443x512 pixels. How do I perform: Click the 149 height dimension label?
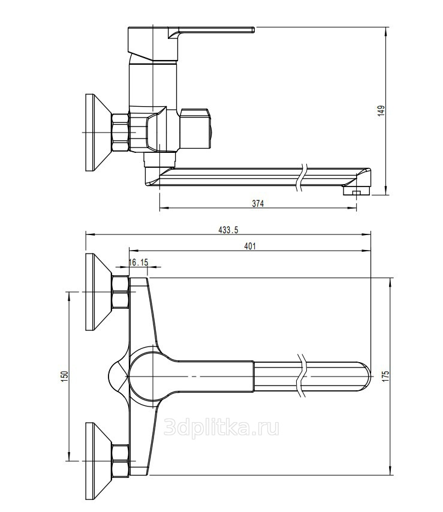(x=381, y=111)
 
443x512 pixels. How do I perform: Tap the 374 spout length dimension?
(x=258, y=203)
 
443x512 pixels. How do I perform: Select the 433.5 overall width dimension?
(x=228, y=230)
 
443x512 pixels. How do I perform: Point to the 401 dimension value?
(x=250, y=246)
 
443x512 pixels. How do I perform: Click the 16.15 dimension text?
(x=138, y=262)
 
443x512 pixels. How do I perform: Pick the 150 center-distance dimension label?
(x=65, y=376)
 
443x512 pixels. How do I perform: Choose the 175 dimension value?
(x=385, y=376)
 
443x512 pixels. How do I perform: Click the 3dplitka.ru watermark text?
(x=221, y=427)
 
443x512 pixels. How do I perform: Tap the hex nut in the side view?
(x=120, y=132)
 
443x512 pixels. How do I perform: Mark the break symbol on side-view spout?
(x=303, y=177)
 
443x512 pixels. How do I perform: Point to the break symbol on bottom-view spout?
(x=303, y=375)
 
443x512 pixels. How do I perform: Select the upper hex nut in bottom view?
(x=120, y=291)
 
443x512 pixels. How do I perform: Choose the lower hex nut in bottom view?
(x=120, y=460)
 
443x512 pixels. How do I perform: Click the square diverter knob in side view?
(x=195, y=128)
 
